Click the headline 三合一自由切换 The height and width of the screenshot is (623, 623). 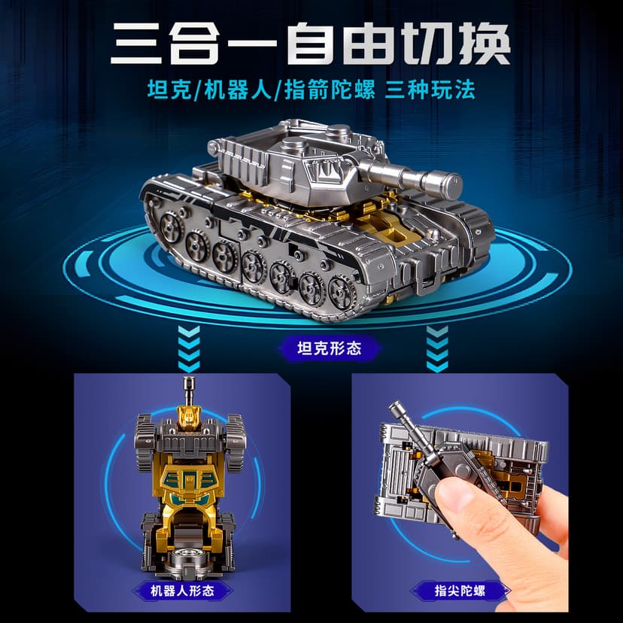pos(311,45)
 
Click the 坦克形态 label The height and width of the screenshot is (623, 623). pos(311,348)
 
